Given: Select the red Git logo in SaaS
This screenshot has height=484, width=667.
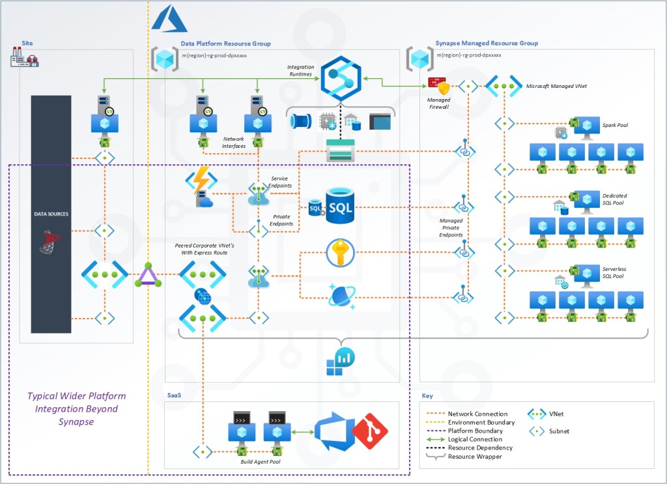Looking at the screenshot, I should point(369,431).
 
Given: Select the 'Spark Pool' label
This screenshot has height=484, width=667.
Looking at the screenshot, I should point(615,124).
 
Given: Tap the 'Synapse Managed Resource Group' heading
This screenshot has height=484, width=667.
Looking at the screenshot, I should point(487,44).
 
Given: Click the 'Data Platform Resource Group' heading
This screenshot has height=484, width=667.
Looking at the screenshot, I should point(225,44).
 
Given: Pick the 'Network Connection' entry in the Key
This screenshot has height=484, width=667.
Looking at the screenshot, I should point(477,414).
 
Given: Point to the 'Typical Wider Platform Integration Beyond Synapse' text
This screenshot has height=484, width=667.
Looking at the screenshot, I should point(76,408).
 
